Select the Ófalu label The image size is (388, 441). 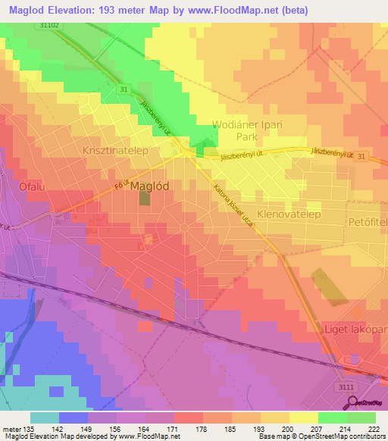coord(28,186)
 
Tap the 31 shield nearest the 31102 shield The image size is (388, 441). coord(124,89)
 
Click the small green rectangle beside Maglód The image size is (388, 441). coord(144,198)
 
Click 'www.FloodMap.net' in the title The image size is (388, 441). coord(220,10)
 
